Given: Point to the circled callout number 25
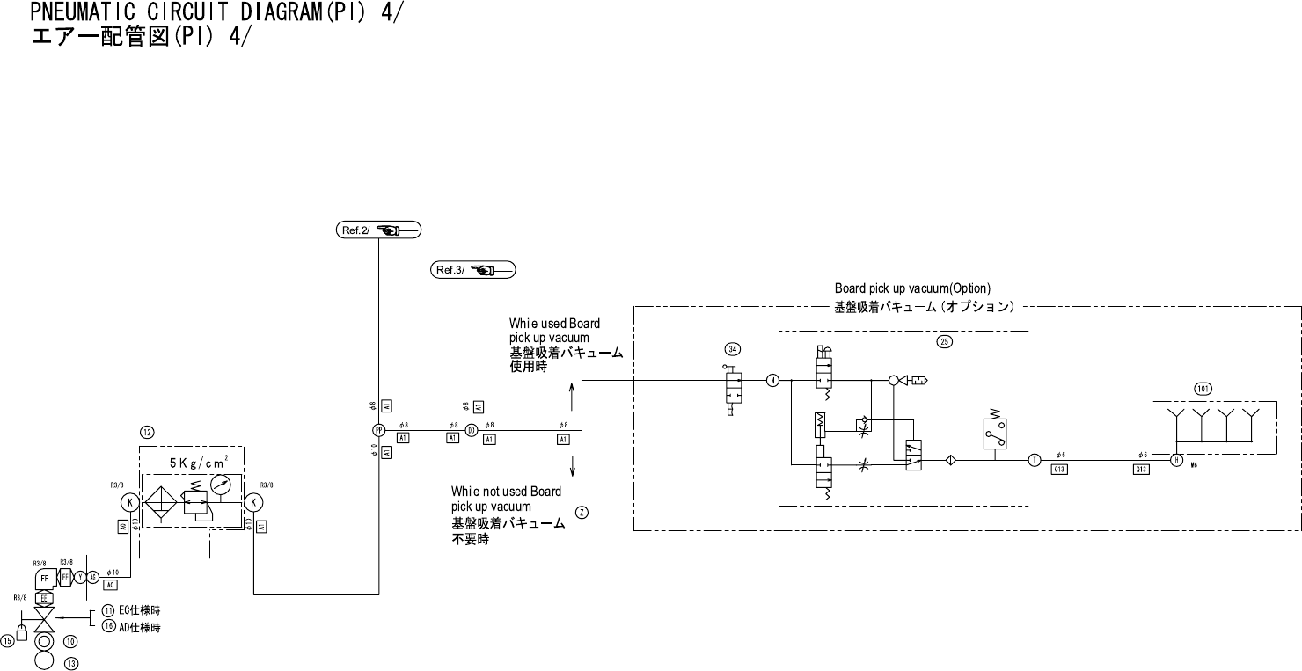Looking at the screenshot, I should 945,342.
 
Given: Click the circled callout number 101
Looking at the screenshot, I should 1203,389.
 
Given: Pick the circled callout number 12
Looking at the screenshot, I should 147,432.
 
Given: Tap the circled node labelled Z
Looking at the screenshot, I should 582,512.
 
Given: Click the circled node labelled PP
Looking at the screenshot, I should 378,430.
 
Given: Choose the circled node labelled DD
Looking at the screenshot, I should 472,430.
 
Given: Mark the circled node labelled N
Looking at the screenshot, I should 772,381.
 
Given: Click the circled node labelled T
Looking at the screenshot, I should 1035,460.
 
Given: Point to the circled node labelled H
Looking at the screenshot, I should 1176,460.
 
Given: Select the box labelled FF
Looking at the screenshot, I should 45,578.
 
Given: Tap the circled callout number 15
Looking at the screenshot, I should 7,641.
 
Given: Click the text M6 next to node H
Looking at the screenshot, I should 1194,466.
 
